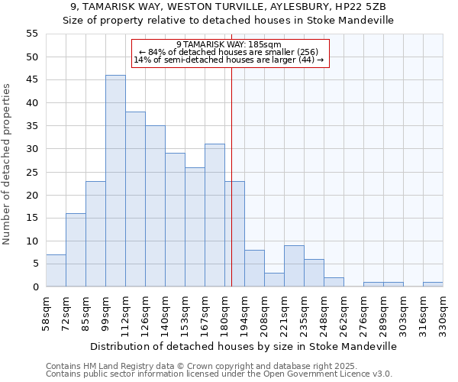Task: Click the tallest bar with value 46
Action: (x=115, y=181)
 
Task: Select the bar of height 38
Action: (x=135, y=199)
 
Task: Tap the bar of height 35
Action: (x=155, y=206)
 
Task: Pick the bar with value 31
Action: (x=214, y=215)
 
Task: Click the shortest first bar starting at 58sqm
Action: (x=56, y=270)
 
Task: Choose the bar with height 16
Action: (x=76, y=250)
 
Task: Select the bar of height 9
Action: (x=294, y=266)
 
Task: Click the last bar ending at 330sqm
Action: (x=433, y=284)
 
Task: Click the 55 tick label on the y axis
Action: (x=32, y=34)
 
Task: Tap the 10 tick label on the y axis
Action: (x=32, y=241)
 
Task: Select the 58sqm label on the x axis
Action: (x=46, y=312)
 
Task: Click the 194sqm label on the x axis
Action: (x=244, y=314)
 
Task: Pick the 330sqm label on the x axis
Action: (x=443, y=314)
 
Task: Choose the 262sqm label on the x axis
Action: (x=343, y=314)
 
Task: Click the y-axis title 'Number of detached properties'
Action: (x=8, y=164)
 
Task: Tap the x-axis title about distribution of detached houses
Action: (x=244, y=346)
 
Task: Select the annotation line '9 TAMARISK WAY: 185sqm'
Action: (x=229, y=44)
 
